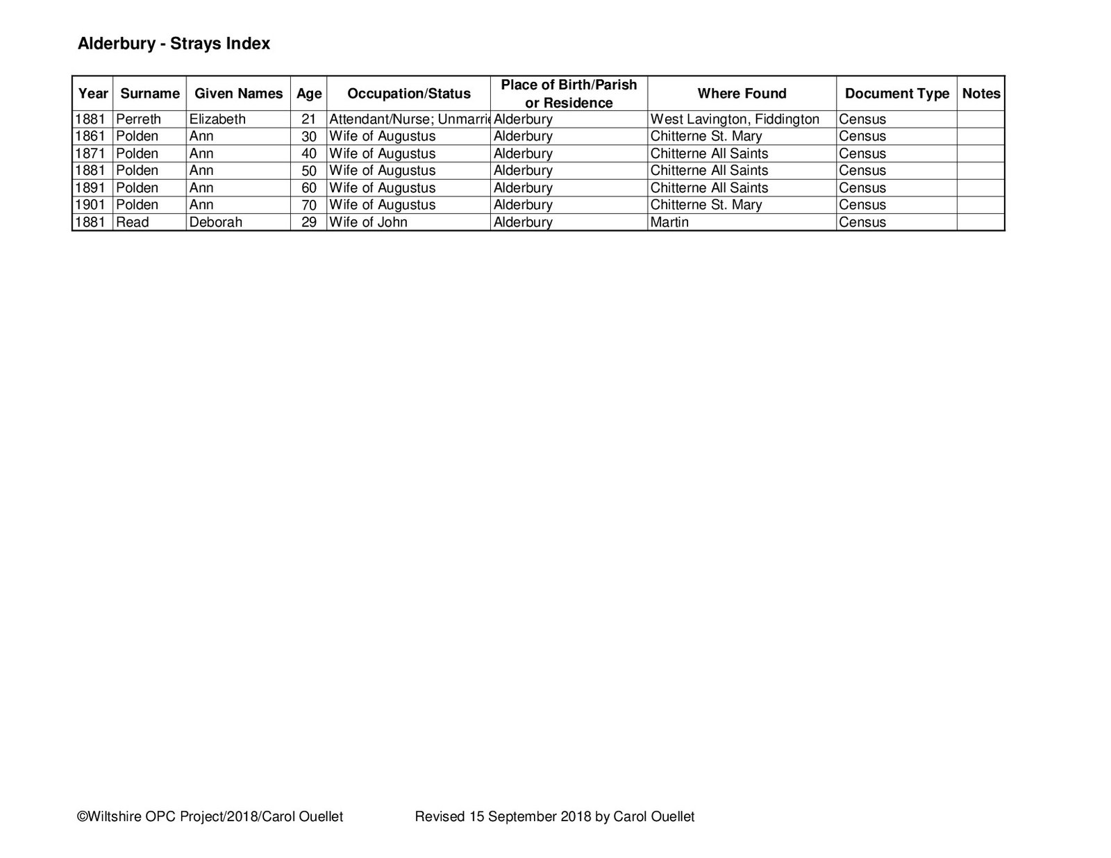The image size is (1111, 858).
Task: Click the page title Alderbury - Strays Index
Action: point(174,44)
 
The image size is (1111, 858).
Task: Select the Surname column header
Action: point(149,94)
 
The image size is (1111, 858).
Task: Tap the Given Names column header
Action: point(238,94)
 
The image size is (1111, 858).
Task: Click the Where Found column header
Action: point(742,94)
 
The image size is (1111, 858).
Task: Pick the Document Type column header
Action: point(896,94)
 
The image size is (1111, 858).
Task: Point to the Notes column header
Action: point(980,94)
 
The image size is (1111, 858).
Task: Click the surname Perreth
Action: point(138,119)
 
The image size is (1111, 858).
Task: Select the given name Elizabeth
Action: point(217,119)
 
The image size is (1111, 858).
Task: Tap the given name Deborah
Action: point(215,222)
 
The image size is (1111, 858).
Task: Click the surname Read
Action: point(132,222)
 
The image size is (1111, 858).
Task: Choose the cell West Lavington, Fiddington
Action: point(735,119)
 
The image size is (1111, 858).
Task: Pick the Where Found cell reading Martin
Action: point(669,222)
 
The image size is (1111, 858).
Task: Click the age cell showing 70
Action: point(309,205)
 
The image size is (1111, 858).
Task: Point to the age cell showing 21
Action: point(309,119)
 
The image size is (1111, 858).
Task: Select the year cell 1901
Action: point(90,205)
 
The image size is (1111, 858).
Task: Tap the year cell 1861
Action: point(90,136)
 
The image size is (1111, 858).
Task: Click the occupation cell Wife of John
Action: point(368,222)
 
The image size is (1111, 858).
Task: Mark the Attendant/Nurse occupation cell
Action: point(409,119)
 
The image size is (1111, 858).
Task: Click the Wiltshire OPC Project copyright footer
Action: point(210,817)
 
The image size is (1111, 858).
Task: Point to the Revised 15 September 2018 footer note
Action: point(554,817)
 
